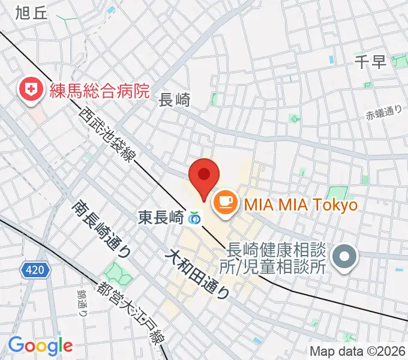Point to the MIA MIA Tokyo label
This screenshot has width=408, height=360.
(x=300, y=205)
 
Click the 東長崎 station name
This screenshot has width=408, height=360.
(x=161, y=216)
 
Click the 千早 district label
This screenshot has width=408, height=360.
(x=371, y=62)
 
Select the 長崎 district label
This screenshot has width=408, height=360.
(x=174, y=100)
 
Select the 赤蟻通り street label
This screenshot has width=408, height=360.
(x=383, y=112)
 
